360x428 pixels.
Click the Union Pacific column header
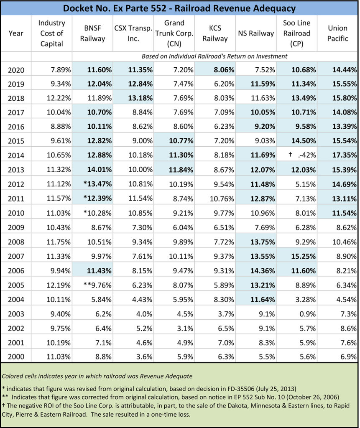tap(337, 33)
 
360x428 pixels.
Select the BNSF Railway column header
tap(92, 33)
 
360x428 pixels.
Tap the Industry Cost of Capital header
tap(51, 33)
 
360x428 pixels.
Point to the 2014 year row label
tap(16, 155)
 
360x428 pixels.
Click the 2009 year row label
tap(16, 228)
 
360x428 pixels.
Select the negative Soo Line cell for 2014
tap(297, 155)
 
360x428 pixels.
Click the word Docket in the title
tap(79, 8)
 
